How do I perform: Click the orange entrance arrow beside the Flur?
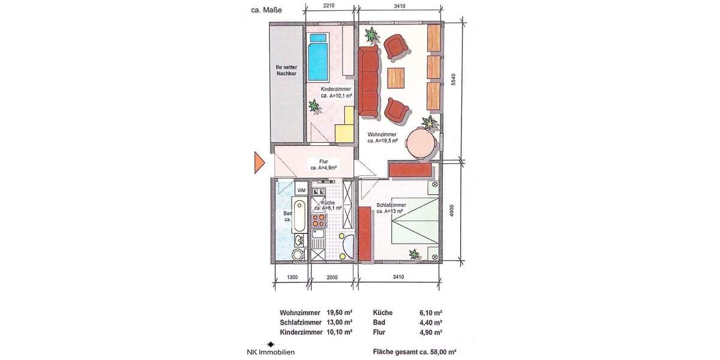(x=259, y=161)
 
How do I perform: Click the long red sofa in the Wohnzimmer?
(x=370, y=80)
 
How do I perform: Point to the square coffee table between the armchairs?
(x=397, y=77)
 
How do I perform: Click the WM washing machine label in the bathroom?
(x=301, y=190)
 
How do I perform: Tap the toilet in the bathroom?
(x=298, y=255)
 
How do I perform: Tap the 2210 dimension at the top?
(x=328, y=6)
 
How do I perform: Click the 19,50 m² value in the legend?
(x=339, y=313)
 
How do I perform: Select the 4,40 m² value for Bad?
(x=430, y=322)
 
